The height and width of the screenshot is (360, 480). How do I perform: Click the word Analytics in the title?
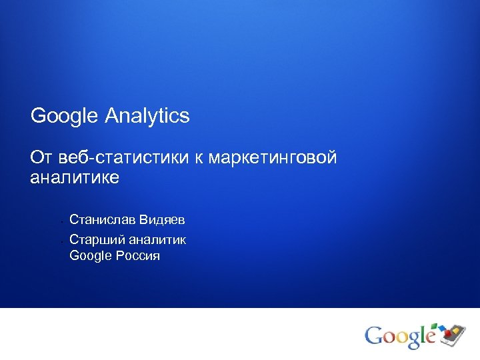tap(147, 117)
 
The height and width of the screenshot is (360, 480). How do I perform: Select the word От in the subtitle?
tap(41, 159)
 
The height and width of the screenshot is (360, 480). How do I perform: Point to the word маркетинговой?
tap(273, 159)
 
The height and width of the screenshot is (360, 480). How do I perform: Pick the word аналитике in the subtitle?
tap(75, 177)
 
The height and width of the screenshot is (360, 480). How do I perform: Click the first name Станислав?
tap(101, 219)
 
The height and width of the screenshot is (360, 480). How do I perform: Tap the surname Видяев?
tap(161, 219)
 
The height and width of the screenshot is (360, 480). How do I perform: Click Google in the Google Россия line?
tap(91, 255)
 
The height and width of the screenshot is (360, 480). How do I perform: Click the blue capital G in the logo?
tap(375, 335)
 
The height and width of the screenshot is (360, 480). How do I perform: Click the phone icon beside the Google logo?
tap(454, 331)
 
